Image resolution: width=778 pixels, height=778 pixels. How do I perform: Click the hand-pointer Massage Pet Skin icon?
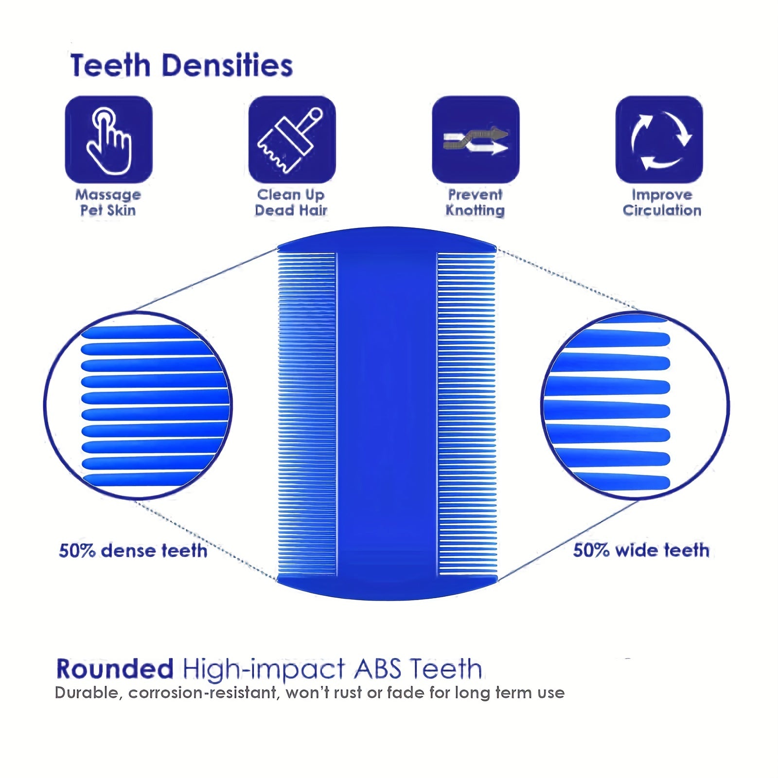coord(108,140)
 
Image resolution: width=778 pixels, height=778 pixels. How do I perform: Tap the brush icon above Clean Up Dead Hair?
coord(292,140)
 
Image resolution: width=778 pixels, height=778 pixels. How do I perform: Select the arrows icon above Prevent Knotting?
coord(476,140)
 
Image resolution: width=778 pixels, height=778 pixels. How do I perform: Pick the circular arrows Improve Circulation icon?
coord(659,140)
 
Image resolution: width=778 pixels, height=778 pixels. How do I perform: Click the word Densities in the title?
coord(227,66)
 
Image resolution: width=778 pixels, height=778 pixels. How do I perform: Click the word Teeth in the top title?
coord(110,66)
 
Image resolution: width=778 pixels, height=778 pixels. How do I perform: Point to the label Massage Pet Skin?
coord(108,202)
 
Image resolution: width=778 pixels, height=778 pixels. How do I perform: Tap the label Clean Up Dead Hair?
coord(291,202)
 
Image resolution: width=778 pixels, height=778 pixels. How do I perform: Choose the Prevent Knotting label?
coord(475,202)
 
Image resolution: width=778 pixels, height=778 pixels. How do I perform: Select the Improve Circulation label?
coord(662,202)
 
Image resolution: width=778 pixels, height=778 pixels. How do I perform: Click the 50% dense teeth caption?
coord(133,551)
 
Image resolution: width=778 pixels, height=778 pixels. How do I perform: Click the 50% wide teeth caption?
coord(641,550)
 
